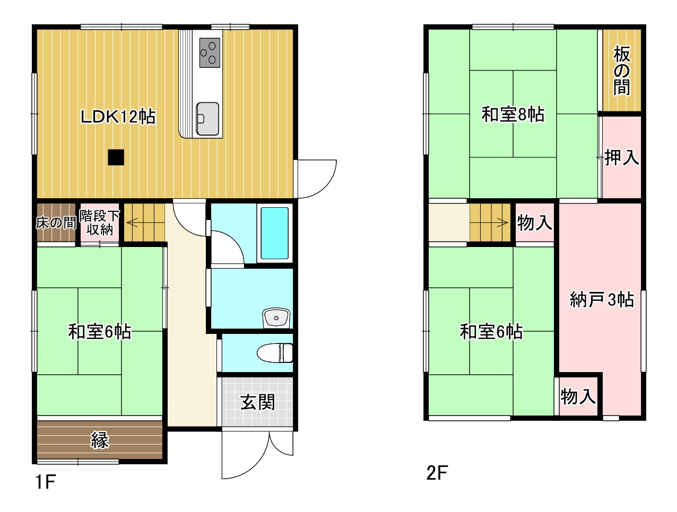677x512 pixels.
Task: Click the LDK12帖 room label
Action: tap(118, 116)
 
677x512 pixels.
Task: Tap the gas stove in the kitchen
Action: tap(210, 52)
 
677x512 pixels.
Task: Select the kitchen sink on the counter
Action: tap(207, 119)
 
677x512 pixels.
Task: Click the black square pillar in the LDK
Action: tap(116, 157)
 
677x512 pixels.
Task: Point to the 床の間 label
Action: tap(56, 223)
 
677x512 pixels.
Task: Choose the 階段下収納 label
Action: tap(100, 223)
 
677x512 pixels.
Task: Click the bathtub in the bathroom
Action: tap(275, 233)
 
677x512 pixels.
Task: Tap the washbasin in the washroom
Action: tap(276, 317)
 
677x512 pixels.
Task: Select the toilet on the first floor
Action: tap(275, 353)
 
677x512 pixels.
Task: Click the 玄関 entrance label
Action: tap(257, 402)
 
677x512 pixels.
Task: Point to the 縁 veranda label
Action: tap(100, 440)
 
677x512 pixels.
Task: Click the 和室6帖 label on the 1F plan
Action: tap(100, 332)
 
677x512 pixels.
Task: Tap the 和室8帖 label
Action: tap(513, 114)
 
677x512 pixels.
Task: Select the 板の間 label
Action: tap(622, 70)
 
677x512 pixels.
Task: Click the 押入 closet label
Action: tap(622, 157)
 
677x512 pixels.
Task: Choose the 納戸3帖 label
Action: tap(602, 300)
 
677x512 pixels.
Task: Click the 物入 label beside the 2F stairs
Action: tap(534, 223)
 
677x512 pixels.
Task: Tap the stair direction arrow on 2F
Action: tap(499, 223)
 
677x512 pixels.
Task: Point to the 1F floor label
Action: tap(46, 482)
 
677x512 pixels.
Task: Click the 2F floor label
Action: tap(437, 473)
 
